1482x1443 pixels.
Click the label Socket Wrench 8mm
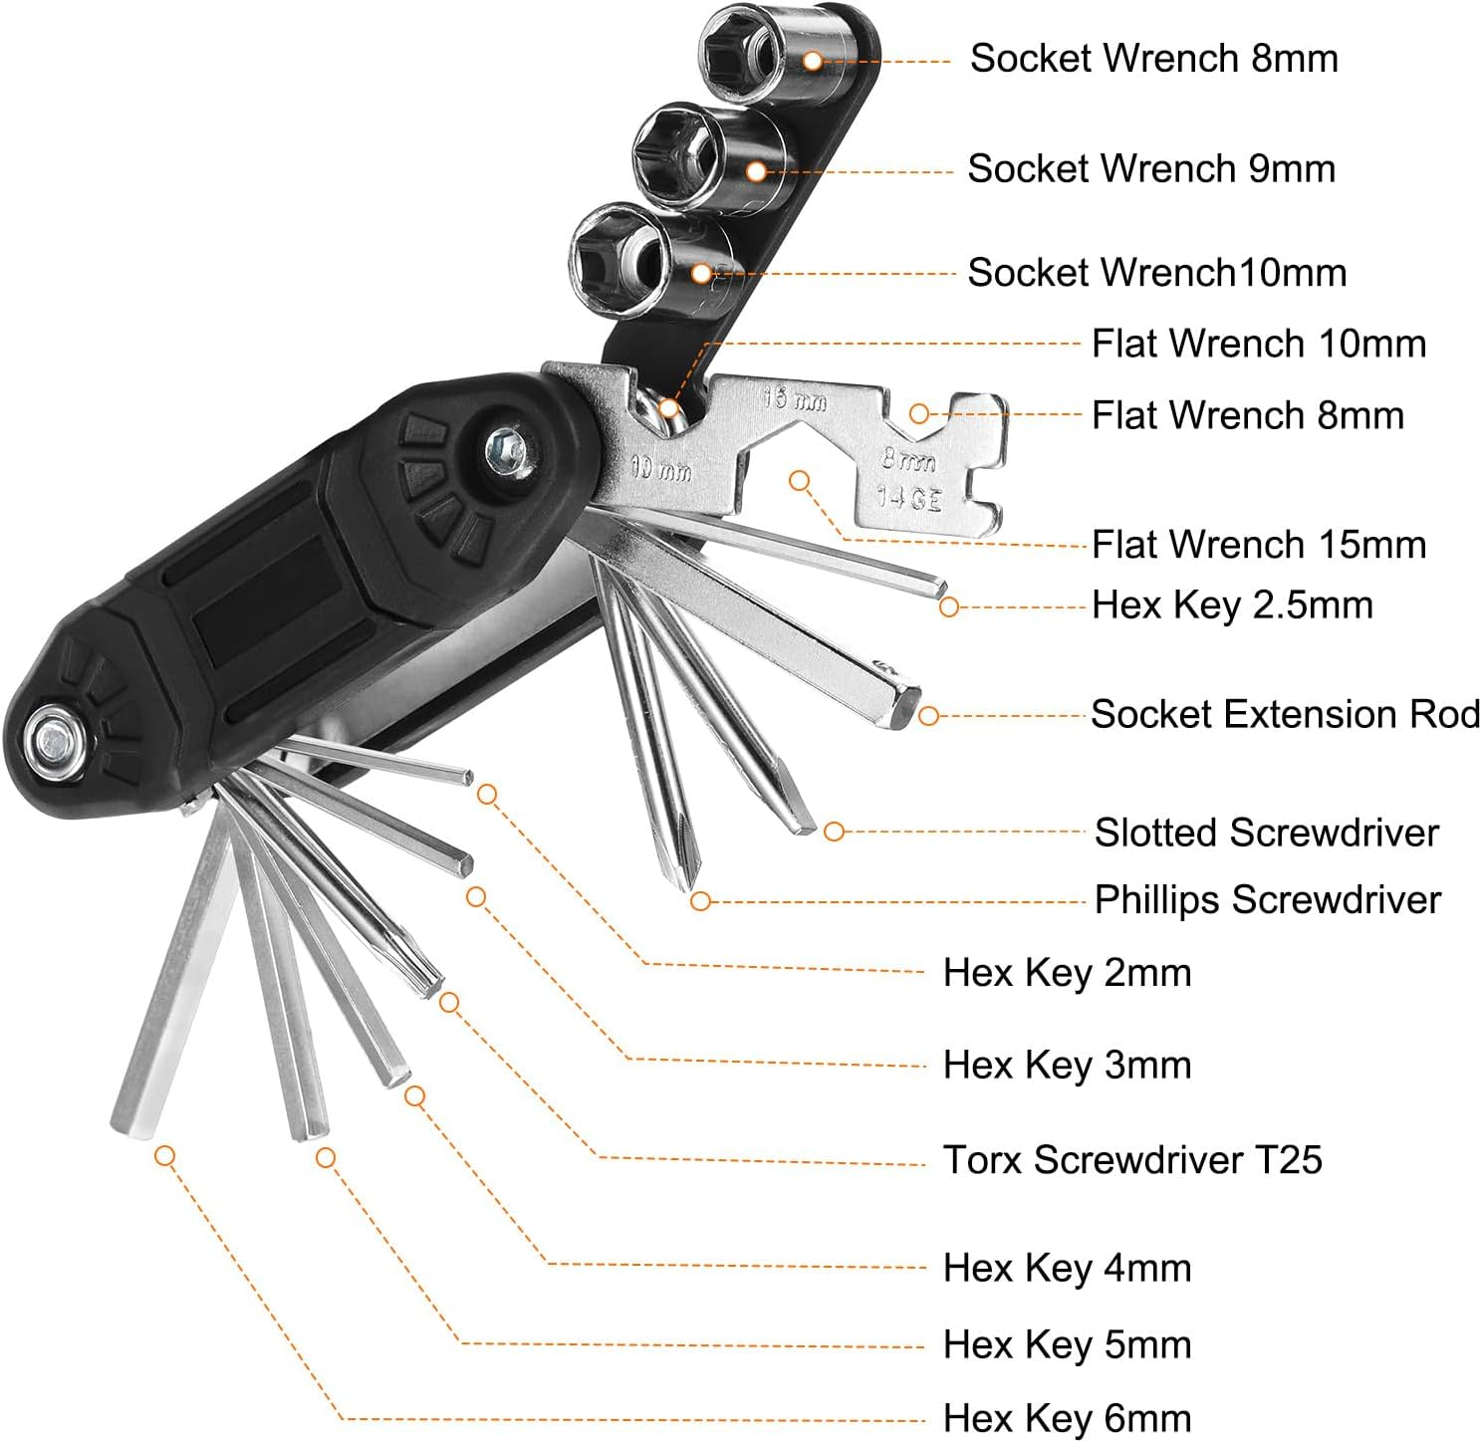pyautogui.click(x=1153, y=59)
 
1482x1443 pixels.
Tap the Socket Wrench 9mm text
pyautogui.click(x=1150, y=169)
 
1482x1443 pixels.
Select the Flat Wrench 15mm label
pyautogui.click(x=1258, y=545)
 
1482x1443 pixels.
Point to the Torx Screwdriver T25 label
pyautogui.click(x=1131, y=1160)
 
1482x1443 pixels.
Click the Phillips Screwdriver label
pyautogui.click(x=1267, y=900)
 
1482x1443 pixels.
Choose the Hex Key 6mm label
pyautogui.click(x=1067, y=1418)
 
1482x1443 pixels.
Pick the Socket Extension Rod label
pyautogui.click(x=1285, y=715)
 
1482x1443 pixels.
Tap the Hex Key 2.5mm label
pyautogui.click(x=1231, y=605)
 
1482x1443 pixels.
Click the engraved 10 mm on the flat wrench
pyautogui.click(x=661, y=468)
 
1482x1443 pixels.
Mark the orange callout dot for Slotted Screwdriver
pyautogui.click(x=834, y=832)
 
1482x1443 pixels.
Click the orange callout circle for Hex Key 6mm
pyautogui.click(x=165, y=1156)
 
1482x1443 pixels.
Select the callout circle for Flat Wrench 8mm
pyautogui.click(x=919, y=413)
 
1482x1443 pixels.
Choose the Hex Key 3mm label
pyautogui.click(x=1067, y=1066)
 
